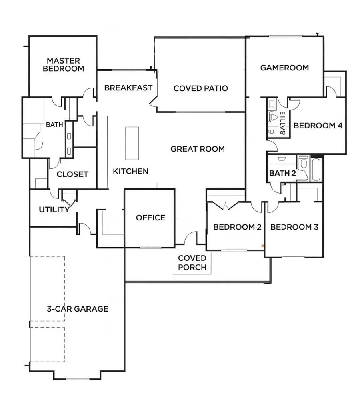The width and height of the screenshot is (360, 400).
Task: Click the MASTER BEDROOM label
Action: pos(64,64)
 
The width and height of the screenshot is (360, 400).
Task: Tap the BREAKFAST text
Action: pos(128,88)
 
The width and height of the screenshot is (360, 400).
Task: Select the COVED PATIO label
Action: pos(200,88)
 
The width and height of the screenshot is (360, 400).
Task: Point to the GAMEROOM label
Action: pos(284,68)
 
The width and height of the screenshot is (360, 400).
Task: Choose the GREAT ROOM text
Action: pos(198,149)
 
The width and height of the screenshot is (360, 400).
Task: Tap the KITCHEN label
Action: pos(130,171)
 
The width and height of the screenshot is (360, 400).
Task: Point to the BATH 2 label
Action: pos(282,173)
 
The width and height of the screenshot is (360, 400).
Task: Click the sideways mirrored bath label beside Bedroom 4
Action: pos(282,124)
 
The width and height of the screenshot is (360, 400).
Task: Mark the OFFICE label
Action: pos(150,218)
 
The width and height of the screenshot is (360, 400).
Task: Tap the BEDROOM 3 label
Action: pos(294,227)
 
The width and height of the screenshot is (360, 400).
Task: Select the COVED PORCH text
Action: pos(192,262)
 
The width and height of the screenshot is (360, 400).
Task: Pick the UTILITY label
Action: pos(54,210)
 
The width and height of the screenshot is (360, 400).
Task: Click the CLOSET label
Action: pos(72,174)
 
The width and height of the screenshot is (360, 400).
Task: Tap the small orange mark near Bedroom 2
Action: pos(262,245)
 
